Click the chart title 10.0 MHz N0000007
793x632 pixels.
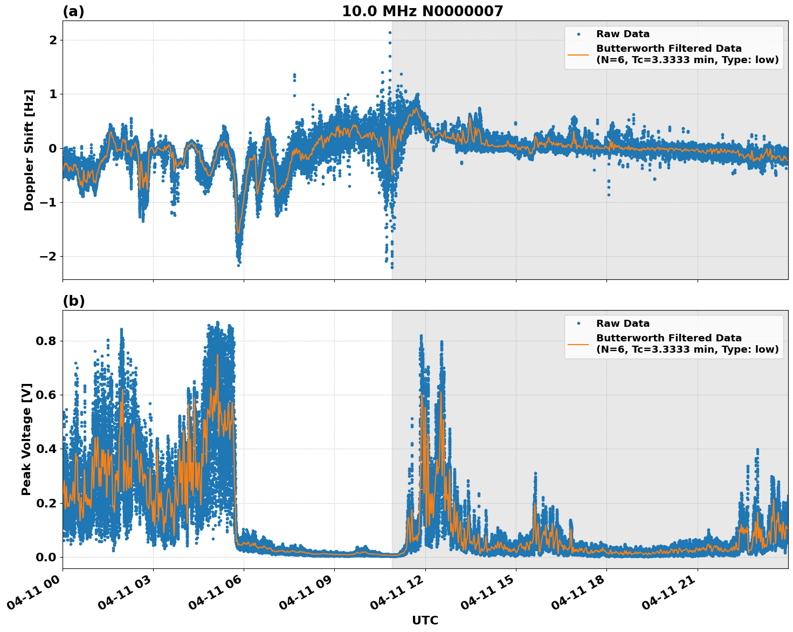(422, 11)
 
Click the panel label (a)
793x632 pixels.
(73, 11)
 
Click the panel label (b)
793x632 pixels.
(73, 301)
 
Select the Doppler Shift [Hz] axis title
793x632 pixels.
(29, 150)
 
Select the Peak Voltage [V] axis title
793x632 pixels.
(26, 439)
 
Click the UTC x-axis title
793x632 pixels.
(425, 620)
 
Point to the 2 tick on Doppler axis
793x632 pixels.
(53, 40)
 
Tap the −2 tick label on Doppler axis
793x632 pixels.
(48, 257)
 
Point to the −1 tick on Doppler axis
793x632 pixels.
(48, 203)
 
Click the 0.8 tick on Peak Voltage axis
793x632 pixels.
(46, 341)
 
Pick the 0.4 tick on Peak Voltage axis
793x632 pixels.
(46, 449)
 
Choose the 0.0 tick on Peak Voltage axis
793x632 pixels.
(46, 557)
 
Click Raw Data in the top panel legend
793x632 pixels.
(623, 34)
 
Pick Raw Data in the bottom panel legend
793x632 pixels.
(623, 324)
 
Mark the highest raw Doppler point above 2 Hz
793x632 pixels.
(390, 32)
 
